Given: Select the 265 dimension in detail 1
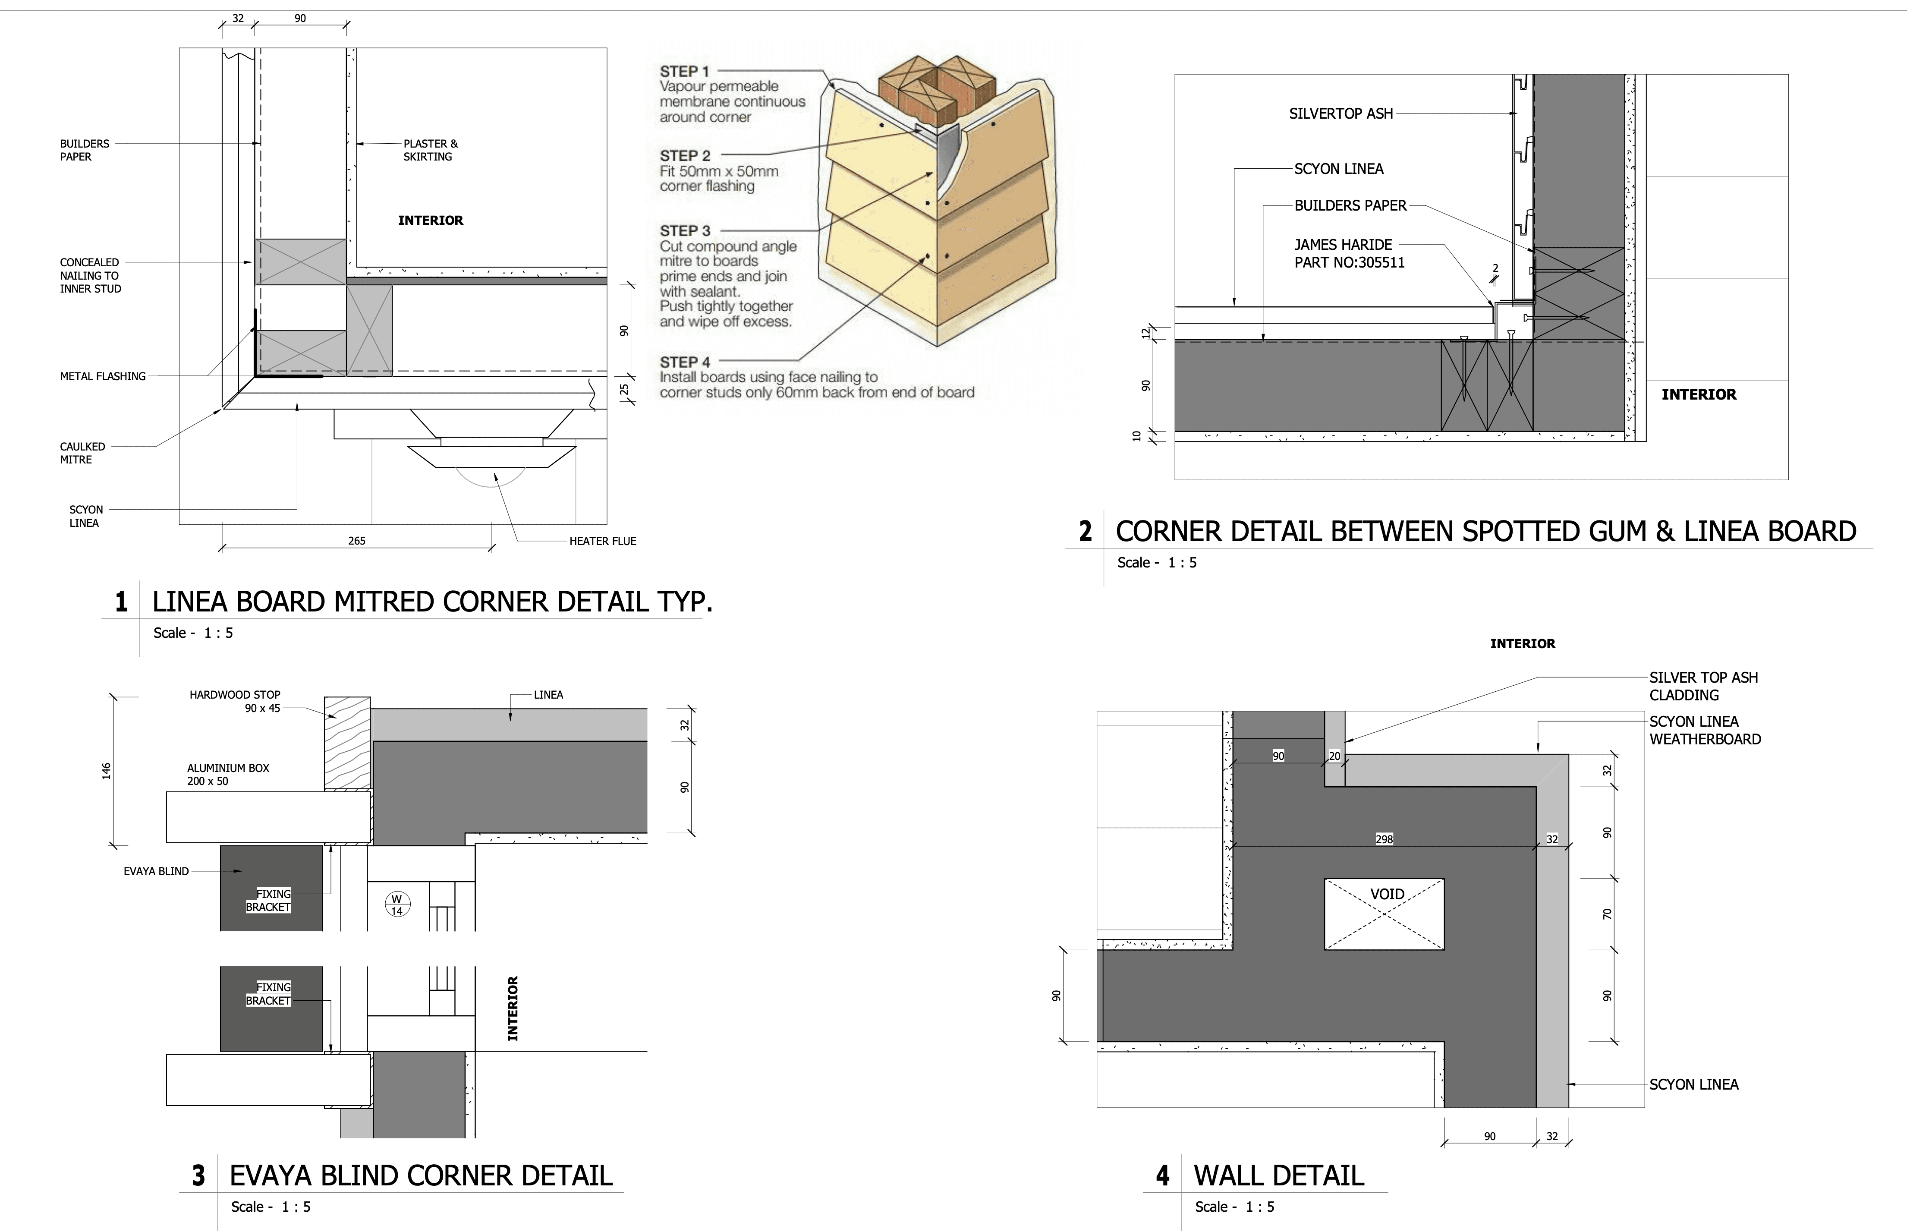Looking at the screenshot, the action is pyautogui.click(x=357, y=541).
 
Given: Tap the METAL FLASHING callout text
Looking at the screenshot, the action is pyautogui.click(x=102, y=376).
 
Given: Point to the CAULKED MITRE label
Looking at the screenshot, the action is pyautogui.click(x=82, y=453).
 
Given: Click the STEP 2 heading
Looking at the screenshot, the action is pyautogui.click(x=685, y=155).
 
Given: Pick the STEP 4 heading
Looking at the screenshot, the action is pyautogui.click(x=685, y=362).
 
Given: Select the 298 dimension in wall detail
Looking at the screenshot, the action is pyautogui.click(x=1384, y=839).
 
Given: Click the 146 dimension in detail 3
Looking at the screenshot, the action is pyautogui.click(x=107, y=770).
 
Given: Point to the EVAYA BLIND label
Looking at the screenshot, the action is pyautogui.click(x=156, y=871).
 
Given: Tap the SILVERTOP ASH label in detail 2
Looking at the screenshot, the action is pyautogui.click(x=1341, y=113).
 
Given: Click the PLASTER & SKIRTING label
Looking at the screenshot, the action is pyautogui.click(x=430, y=151).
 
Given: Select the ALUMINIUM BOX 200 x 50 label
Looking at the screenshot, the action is pyautogui.click(x=228, y=775).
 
